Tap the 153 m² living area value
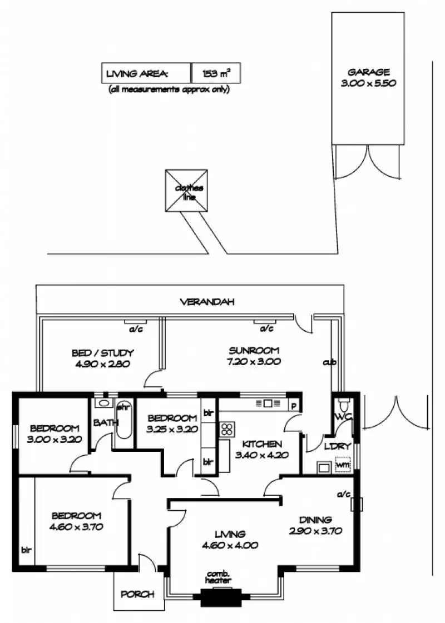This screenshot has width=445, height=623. click(x=216, y=73)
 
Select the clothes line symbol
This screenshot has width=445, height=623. click(x=186, y=191)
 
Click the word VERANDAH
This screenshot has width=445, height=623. click(x=207, y=302)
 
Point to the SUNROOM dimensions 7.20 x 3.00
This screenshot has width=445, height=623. click(x=254, y=361)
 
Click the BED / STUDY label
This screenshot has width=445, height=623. click(x=102, y=353)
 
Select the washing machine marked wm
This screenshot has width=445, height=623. click(x=343, y=464)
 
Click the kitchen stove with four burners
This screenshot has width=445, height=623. click(x=227, y=428)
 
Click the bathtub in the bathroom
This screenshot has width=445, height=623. click(x=123, y=425)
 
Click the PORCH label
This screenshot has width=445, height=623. click(x=137, y=594)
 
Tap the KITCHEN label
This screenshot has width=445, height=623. click(x=261, y=445)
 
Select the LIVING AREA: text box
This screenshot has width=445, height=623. click(x=146, y=73)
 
